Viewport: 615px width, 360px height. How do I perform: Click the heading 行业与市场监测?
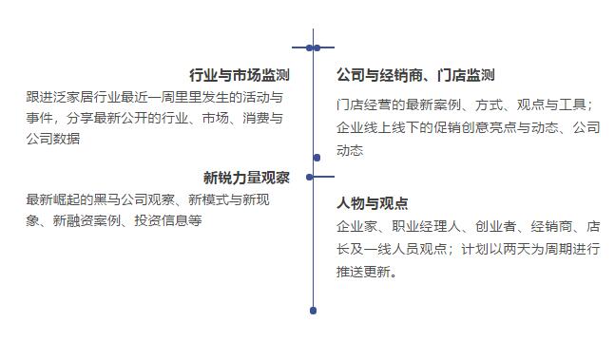coord(240,75)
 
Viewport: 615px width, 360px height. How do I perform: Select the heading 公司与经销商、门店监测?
coord(415,76)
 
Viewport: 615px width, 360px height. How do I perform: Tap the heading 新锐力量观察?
coord(246,177)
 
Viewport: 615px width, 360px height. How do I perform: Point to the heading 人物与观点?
coord(373,203)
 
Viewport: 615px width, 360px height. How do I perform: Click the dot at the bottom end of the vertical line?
coord(314,311)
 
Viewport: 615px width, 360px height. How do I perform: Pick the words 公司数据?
coord(53,139)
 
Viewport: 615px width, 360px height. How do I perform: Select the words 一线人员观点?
coord(413,250)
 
